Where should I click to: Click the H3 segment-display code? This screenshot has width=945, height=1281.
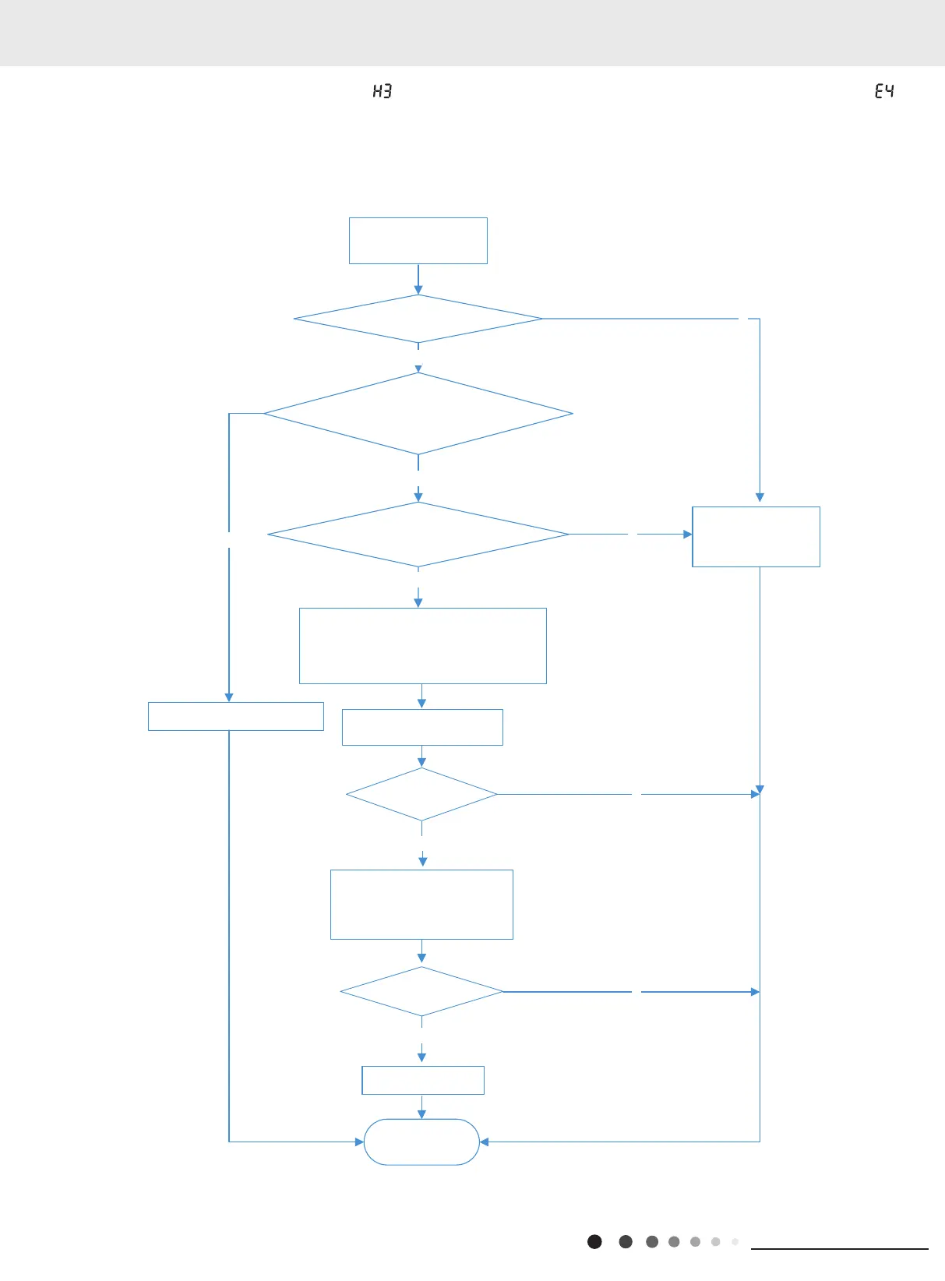tap(382, 91)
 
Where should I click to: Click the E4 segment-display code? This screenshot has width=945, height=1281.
tap(884, 91)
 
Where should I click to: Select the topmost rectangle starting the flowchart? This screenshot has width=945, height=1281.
tap(418, 241)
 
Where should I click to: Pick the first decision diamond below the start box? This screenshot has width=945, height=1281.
tap(418, 319)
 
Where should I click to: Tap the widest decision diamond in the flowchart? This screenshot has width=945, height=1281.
tap(418, 414)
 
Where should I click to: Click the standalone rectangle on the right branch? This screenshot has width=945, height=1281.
tap(756, 537)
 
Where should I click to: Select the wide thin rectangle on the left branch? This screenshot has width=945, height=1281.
tap(236, 716)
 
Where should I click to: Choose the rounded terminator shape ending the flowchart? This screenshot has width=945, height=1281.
tap(421, 1142)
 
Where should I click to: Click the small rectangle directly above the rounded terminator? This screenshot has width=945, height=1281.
tap(423, 1080)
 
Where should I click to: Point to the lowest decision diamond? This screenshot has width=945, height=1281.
tap(421, 992)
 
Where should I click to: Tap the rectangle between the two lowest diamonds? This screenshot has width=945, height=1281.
tap(421, 905)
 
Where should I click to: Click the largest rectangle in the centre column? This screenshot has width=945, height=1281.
tap(423, 646)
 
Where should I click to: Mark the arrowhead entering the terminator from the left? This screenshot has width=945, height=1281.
tap(359, 1142)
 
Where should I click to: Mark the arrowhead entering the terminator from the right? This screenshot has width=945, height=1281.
tap(485, 1142)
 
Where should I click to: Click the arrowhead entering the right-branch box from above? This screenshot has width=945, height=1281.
tap(760, 497)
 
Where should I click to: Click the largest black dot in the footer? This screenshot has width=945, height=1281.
tap(594, 1241)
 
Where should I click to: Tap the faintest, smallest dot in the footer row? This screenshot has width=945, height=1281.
tap(735, 1241)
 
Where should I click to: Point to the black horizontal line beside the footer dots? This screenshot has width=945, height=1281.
tap(839, 1249)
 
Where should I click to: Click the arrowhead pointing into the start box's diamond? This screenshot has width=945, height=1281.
tap(418, 290)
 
